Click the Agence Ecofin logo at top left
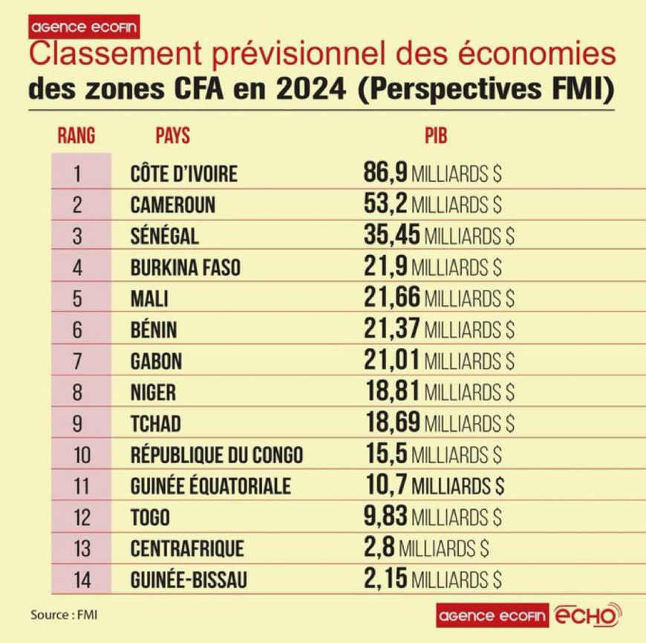[84, 28]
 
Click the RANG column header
[76, 135]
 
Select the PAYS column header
[173, 135]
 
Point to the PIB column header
[436, 135]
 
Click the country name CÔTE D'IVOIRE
[183, 174]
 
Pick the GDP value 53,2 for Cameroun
[385, 204]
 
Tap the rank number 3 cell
[81, 236]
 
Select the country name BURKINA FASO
[185, 267]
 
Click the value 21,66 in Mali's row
[392, 298]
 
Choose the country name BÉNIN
[154, 329]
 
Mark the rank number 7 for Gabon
[81, 361]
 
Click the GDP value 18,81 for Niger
[392, 392]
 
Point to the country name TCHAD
[155, 424]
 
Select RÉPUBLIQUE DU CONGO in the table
[216, 454]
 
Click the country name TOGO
[150, 517]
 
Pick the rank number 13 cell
[81, 549]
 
